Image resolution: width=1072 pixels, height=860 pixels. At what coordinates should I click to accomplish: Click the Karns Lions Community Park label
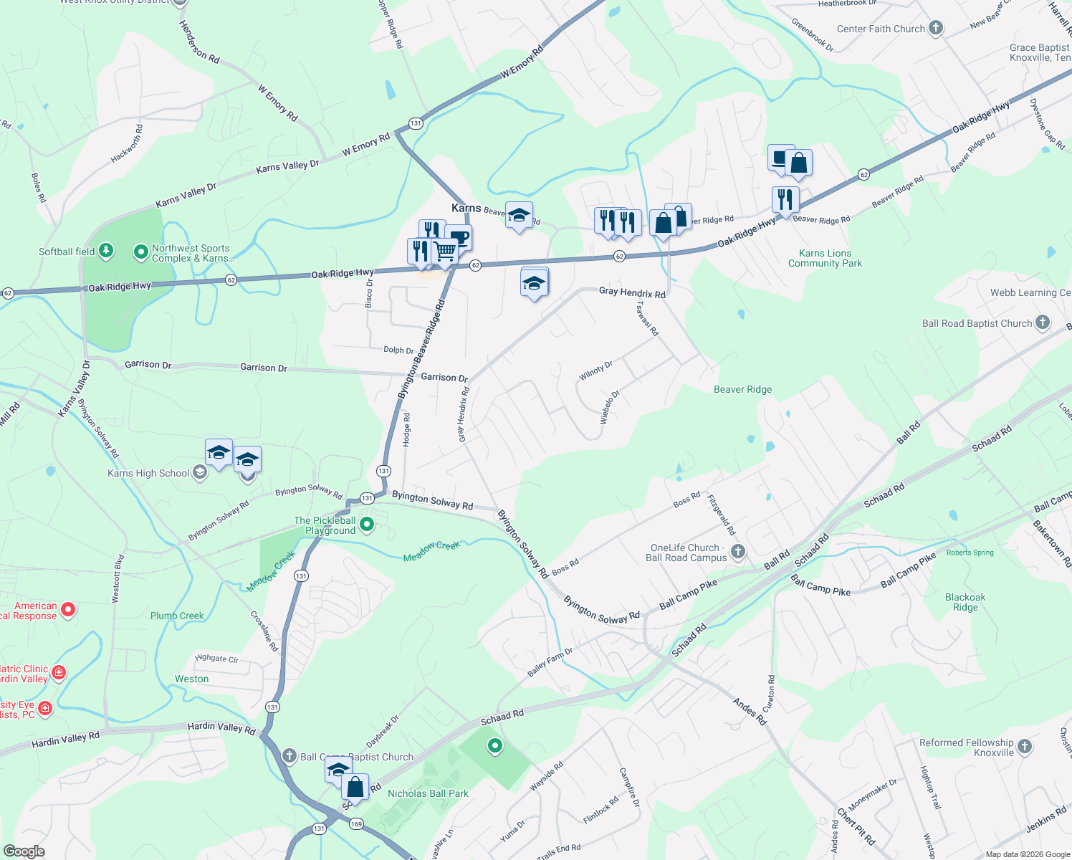[825, 258]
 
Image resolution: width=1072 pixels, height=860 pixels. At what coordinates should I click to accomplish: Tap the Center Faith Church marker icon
[935, 29]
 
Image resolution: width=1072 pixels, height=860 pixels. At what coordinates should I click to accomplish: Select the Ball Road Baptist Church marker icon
[1042, 323]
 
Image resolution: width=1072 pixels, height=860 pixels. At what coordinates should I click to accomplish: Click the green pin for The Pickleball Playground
[367, 525]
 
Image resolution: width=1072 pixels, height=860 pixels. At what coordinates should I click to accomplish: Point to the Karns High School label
[148, 473]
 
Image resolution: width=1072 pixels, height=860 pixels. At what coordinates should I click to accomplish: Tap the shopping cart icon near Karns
[445, 252]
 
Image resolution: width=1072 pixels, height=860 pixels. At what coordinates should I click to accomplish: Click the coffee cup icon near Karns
[459, 238]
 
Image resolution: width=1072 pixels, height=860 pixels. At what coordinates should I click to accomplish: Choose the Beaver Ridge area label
[742, 389]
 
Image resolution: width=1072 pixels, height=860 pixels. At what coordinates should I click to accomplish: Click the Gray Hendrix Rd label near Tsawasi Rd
[632, 292]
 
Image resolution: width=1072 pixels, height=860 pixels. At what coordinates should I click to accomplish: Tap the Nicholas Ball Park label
[428, 793]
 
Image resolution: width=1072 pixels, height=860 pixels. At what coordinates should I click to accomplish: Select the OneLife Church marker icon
[738, 552]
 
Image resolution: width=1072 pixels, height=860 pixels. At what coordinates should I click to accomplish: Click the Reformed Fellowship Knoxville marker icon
[1024, 747]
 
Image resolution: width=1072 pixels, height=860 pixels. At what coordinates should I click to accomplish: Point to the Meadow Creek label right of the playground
[431, 551]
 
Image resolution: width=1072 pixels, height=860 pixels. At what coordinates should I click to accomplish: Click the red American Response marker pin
[68, 610]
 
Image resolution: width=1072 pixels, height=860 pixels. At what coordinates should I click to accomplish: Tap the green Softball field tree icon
[106, 250]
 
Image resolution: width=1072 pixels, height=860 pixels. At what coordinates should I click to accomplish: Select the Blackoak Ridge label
[965, 602]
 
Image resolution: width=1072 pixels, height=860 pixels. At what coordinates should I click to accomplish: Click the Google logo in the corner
[24, 851]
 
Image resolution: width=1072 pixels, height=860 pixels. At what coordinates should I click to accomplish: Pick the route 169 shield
[356, 824]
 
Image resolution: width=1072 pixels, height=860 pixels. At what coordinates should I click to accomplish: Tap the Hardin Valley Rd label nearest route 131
[221, 728]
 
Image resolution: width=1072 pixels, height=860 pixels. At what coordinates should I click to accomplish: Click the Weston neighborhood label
[192, 679]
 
